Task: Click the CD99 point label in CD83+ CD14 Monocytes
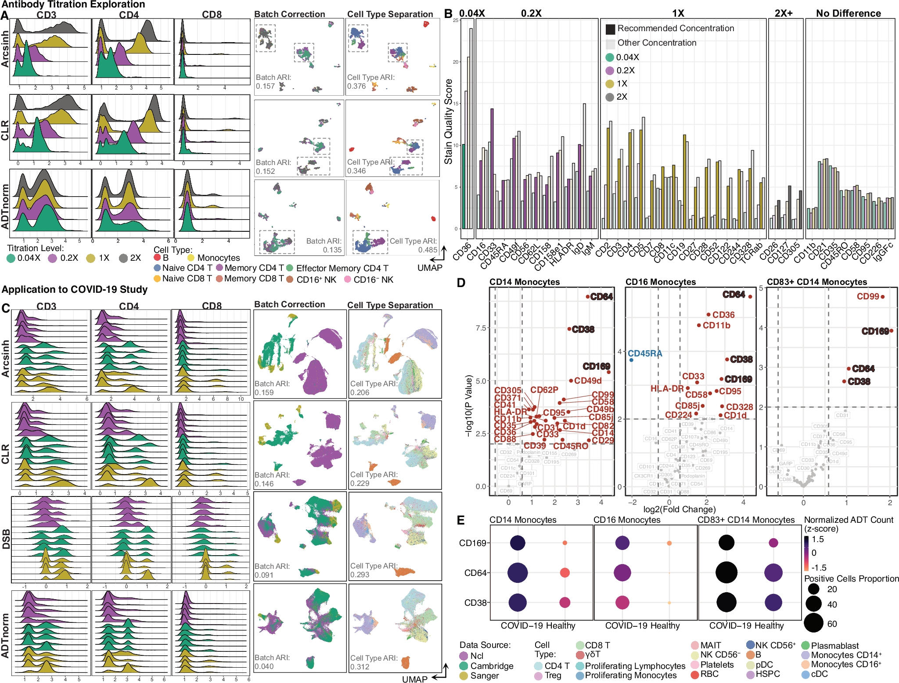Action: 867,296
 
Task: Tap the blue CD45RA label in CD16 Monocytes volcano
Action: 644,353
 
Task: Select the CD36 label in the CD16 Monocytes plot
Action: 723,315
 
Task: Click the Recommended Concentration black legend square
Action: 610,29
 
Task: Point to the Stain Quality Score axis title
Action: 448,122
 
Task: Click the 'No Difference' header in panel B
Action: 848,13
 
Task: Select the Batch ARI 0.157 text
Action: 273,82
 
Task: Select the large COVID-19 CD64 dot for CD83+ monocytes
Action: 726,572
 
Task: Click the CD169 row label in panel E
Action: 472,543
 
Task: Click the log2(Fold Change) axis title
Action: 679,509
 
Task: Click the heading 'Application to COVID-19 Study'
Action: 75,289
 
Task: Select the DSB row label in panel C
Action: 6,539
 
